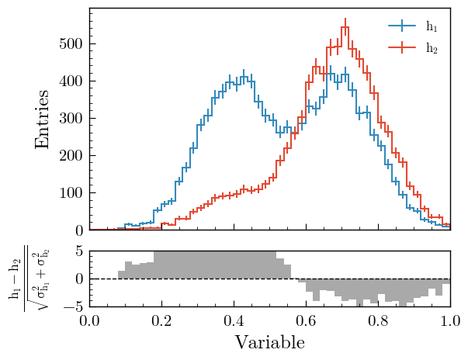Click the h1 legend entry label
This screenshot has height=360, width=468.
pyautogui.click(x=432, y=27)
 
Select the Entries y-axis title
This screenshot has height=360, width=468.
pyautogui.click(x=43, y=119)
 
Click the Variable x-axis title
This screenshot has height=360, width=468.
pyautogui.click(x=270, y=343)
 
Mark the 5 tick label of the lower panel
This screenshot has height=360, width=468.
pyautogui.click(x=79, y=251)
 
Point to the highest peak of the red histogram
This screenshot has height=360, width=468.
pyautogui.click(x=345, y=29)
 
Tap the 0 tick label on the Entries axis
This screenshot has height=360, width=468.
pyautogui.click(x=79, y=230)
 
